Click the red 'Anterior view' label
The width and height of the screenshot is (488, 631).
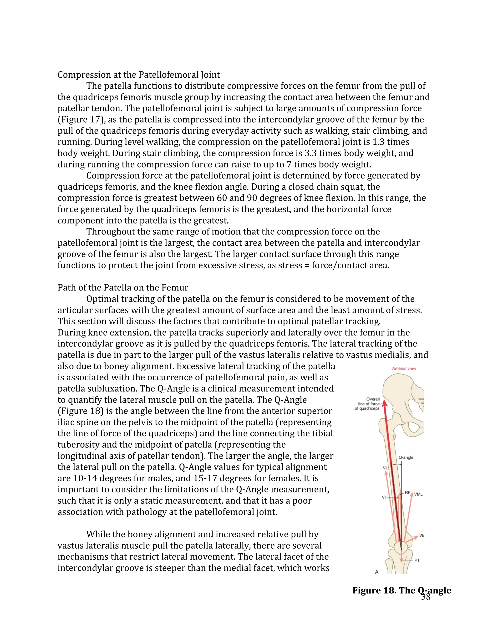click(x=404, y=368)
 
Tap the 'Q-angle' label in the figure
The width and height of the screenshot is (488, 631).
click(x=406, y=457)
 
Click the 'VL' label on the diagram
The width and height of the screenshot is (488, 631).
click(x=385, y=468)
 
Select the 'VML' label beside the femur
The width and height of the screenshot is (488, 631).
click(x=418, y=494)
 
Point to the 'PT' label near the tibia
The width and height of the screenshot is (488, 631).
click(x=417, y=560)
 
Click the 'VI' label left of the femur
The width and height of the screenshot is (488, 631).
click(x=384, y=497)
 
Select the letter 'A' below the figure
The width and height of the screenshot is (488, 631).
click(x=377, y=572)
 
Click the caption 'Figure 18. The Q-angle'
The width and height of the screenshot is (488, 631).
click(x=402, y=590)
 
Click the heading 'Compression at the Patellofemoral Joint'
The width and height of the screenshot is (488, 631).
click(x=139, y=75)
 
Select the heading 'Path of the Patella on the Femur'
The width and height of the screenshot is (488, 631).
click(x=123, y=287)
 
